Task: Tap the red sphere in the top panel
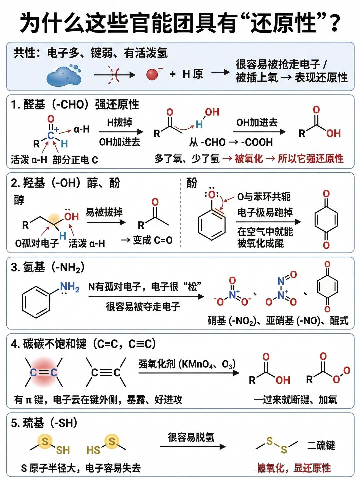click(x=152, y=74)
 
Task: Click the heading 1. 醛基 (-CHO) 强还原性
click(x=75, y=104)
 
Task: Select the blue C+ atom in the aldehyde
click(x=51, y=135)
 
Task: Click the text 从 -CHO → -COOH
click(x=231, y=142)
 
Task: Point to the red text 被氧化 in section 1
click(x=249, y=158)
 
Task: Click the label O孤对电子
click(x=37, y=243)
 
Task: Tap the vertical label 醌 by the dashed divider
click(x=192, y=183)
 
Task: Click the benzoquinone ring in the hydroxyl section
click(x=326, y=220)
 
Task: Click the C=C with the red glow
click(x=44, y=372)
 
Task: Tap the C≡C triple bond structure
click(x=106, y=372)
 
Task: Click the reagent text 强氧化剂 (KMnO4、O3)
click(x=187, y=364)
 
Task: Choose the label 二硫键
click(x=321, y=445)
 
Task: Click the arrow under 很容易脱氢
click(x=193, y=447)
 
